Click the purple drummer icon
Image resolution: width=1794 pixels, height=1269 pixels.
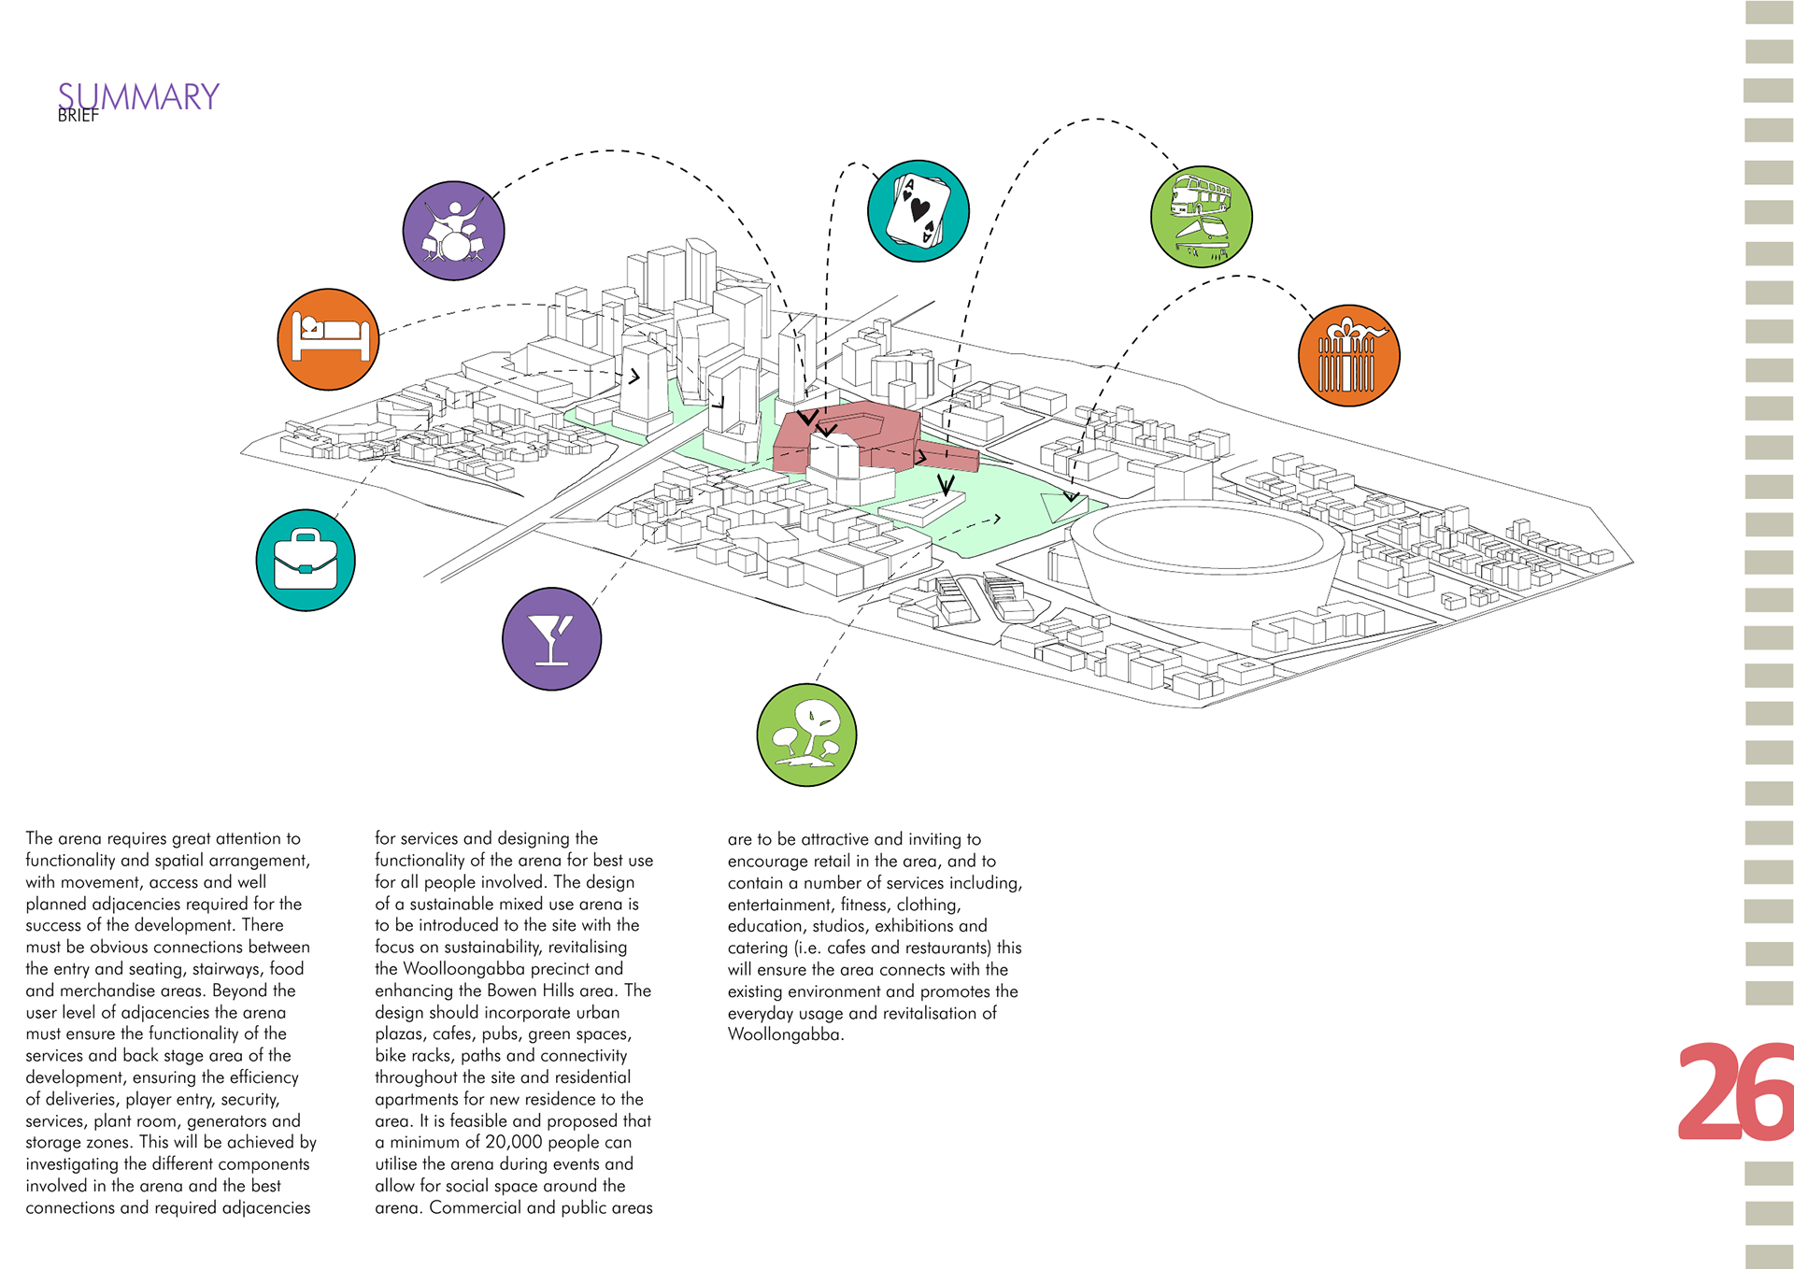click(x=453, y=231)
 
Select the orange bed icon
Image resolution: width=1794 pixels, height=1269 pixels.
click(x=328, y=339)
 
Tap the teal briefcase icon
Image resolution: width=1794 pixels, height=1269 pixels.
click(x=306, y=561)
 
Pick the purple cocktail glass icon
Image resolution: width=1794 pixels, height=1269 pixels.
click(x=551, y=639)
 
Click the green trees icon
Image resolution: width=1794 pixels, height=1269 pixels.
click(x=806, y=735)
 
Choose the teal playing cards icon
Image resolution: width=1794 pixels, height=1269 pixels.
click(x=918, y=211)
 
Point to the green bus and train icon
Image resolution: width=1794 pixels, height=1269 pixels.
click(x=1201, y=217)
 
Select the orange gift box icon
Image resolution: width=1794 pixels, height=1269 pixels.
click(x=1348, y=355)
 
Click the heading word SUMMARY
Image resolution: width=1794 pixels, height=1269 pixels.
click(x=138, y=97)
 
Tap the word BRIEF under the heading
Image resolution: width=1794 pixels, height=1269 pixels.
click(x=78, y=116)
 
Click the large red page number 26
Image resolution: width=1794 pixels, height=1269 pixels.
click(x=1734, y=1091)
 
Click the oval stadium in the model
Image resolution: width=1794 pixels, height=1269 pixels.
click(x=1205, y=551)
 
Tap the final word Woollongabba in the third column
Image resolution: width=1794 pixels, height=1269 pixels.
click(x=784, y=1034)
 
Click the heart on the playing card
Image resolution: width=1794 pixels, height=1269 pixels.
click(x=920, y=209)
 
